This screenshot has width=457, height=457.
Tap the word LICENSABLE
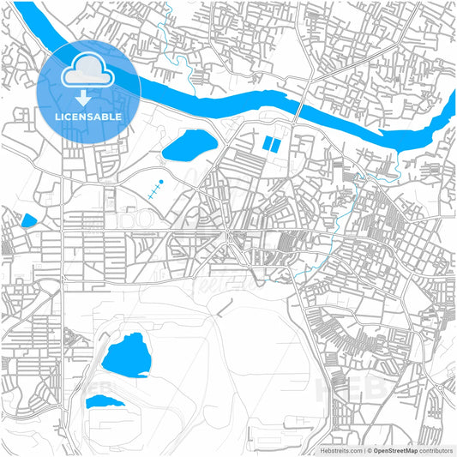point(88,116)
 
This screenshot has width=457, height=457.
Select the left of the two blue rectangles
point(266,146)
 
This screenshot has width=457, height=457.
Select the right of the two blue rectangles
point(275,146)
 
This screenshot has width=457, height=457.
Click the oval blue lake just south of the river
point(189,147)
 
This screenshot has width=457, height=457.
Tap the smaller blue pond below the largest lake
point(103,401)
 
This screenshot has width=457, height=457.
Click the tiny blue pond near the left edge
point(29,220)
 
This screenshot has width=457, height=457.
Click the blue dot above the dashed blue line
point(159,183)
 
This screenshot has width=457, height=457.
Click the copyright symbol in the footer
point(369,449)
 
